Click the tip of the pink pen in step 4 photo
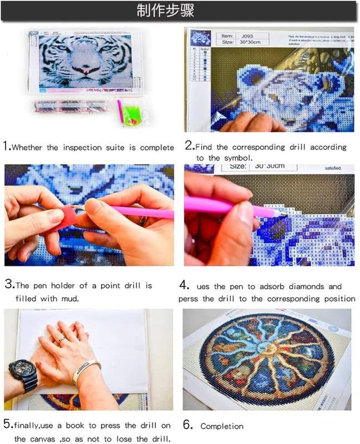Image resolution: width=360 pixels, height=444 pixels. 283,212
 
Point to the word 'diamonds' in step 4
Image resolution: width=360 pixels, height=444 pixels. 305,286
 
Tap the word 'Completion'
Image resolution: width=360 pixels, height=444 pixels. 222,426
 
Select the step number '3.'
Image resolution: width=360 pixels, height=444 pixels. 9,285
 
